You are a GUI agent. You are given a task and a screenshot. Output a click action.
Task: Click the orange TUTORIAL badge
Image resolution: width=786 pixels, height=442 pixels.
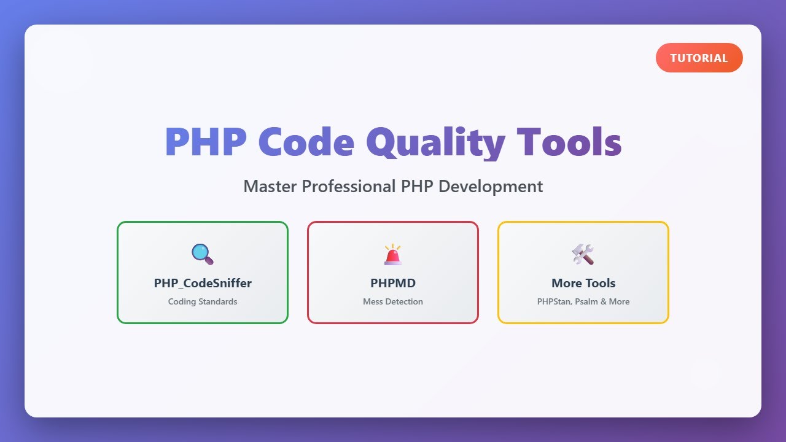(699, 58)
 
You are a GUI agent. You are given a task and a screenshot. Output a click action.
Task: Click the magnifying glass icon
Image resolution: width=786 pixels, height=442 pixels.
(202, 254)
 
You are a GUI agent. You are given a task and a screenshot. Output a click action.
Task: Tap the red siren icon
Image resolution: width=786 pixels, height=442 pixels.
(393, 254)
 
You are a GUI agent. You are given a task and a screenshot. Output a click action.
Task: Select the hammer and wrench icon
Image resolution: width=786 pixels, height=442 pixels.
(583, 254)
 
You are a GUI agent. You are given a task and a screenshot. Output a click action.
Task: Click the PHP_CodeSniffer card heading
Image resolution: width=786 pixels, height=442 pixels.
(203, 283)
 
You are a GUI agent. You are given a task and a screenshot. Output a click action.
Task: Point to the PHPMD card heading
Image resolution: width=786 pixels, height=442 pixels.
(393, 283)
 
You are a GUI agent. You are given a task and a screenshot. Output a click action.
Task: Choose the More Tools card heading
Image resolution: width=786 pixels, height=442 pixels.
(583, 283)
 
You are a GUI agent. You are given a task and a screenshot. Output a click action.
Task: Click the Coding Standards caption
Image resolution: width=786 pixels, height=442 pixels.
(203, 301)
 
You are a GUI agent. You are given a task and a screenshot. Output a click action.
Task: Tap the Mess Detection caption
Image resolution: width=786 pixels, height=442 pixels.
(393, 301)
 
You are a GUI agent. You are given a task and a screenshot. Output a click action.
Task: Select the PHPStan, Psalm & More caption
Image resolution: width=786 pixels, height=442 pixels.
(583, 301)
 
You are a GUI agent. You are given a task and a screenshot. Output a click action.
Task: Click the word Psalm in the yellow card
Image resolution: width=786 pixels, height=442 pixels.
(586, 301)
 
